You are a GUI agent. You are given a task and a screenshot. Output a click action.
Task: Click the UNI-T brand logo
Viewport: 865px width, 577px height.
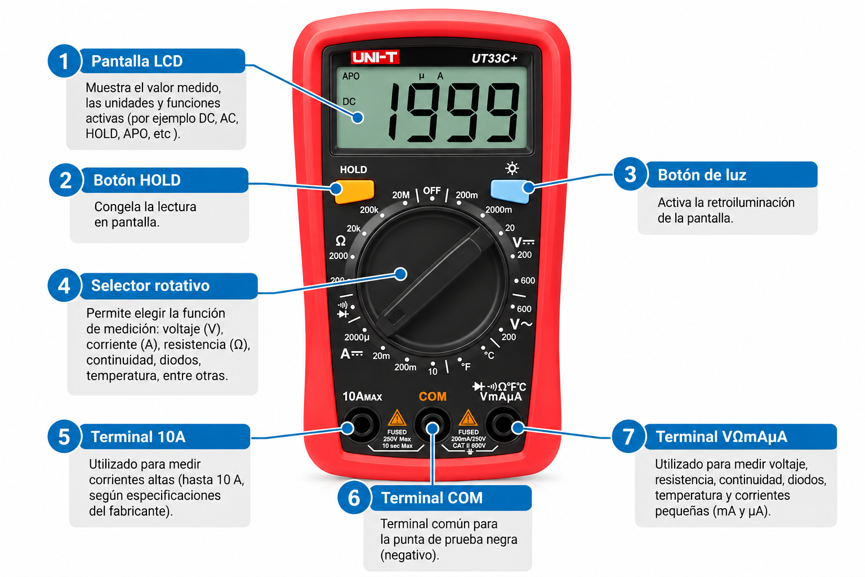[x=374, y=57]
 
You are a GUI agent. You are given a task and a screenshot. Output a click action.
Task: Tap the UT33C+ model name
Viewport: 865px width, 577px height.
[x=494, y=59]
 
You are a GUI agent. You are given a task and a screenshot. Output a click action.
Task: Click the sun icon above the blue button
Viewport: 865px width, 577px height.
[x=512, y=168]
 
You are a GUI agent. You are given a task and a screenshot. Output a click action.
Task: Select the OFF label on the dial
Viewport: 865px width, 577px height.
[x=432, y=190]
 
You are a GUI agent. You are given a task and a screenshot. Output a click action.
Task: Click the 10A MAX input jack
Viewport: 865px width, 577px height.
[x=362, y=425]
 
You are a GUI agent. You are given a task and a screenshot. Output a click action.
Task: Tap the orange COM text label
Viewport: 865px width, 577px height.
[x=432, y=397]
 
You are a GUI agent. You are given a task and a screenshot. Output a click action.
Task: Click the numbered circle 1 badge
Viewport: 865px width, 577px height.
[x=64, y=61]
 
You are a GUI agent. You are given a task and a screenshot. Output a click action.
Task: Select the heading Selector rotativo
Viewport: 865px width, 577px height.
[x=150, y=286]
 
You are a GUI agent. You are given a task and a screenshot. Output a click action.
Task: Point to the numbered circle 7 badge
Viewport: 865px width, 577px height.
[x=628, y=437]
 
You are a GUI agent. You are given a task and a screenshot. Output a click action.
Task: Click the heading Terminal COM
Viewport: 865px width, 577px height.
[x=432, y=498]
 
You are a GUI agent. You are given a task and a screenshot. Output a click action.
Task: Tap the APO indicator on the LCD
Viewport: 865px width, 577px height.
[x=351, y=76]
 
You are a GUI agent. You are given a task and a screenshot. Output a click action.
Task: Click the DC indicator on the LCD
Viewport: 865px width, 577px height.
[x=349, y=101]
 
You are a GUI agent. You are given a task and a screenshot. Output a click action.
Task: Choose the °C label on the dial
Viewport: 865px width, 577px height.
[x=489, y=355]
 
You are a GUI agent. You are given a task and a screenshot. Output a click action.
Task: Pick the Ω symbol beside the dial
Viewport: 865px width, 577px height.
[x=340, y=241]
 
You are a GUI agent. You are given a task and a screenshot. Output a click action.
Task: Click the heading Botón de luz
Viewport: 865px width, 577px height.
[x=702, y=175]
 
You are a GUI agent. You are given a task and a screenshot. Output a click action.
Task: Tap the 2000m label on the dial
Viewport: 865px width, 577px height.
[x=498, y=210]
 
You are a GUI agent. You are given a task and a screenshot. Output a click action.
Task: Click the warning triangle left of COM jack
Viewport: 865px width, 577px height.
[x=397, y=418]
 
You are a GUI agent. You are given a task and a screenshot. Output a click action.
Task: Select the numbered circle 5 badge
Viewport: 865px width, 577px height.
[x=64, y=437]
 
